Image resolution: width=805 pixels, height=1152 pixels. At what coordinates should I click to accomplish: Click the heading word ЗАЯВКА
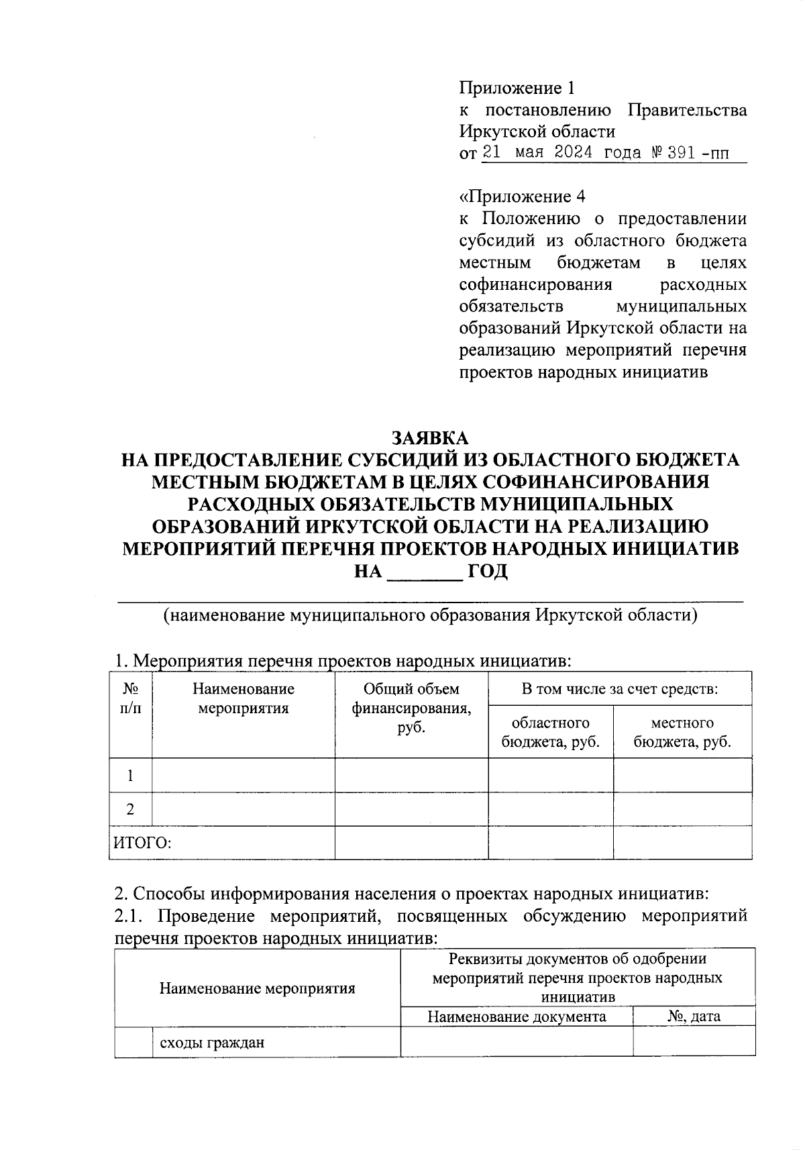click(x=430, y=438)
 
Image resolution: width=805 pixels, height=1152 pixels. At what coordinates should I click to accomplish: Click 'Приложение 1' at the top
click(x=517, y=88)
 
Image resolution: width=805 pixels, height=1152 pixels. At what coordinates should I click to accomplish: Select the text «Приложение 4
click(x=522, y=197)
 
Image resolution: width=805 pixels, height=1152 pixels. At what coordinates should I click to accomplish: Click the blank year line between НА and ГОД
click(x=425, y=572)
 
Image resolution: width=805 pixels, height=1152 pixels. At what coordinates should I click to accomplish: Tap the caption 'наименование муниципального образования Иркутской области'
click(x=430, y=615)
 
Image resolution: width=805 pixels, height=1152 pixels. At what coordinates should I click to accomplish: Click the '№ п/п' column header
click(x=131, y=698)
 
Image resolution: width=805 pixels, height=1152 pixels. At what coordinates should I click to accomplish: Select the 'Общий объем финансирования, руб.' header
click(x=411, y=708)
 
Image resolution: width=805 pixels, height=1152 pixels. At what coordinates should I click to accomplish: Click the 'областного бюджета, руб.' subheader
click(x=550, y=732)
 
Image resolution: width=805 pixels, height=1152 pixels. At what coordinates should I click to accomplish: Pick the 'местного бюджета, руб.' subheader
click(x=682, y=732)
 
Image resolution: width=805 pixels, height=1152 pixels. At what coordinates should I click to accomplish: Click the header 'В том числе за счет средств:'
click(x=620, y=689)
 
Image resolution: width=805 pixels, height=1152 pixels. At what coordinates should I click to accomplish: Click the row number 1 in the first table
click(x=130, y=776)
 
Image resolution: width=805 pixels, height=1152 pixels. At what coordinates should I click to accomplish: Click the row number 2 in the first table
click(x=130, y=809)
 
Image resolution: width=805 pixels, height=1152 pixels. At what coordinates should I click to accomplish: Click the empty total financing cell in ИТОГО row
click(x=411, y=843)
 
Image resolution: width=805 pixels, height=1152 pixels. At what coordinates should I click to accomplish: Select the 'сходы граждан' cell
click(x=211, y=1043)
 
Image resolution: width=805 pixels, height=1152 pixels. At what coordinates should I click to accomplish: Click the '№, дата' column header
click(x=694, y=1016)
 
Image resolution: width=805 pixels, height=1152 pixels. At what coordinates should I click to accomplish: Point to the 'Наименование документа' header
click(x=517, y=1016)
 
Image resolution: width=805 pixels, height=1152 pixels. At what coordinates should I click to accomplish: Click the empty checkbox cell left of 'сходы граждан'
click(x=133, y=1043)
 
